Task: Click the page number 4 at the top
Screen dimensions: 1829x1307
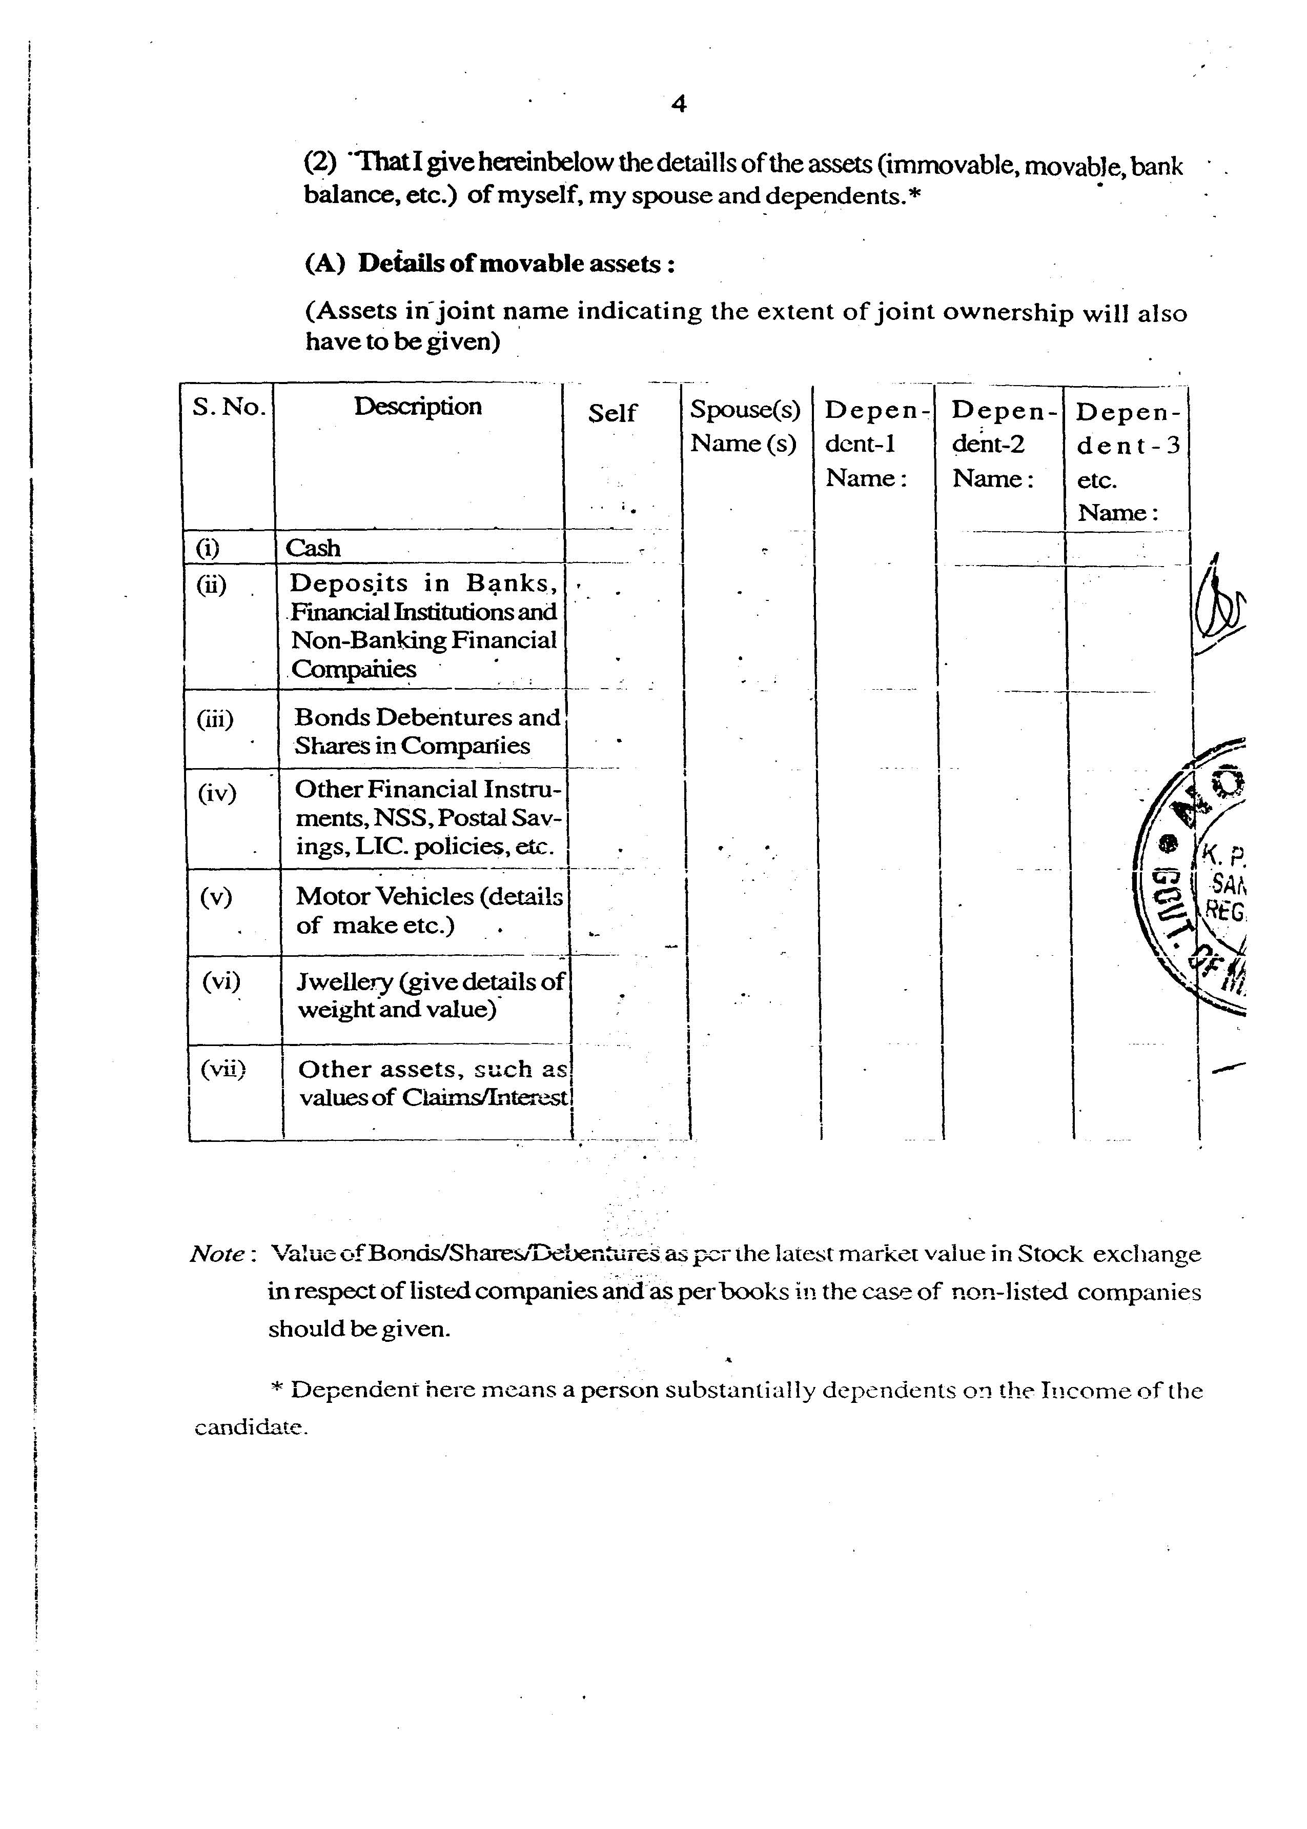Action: click(679, 105)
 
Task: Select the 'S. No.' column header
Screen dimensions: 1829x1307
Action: click(229, 407)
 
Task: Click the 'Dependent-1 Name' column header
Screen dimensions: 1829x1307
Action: click(873, 444)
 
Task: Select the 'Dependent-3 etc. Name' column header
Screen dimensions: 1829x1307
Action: click(1126, 462)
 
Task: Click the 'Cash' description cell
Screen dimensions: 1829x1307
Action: click(313, 548)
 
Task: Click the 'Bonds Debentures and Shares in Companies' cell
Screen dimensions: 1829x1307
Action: click(426, 731)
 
